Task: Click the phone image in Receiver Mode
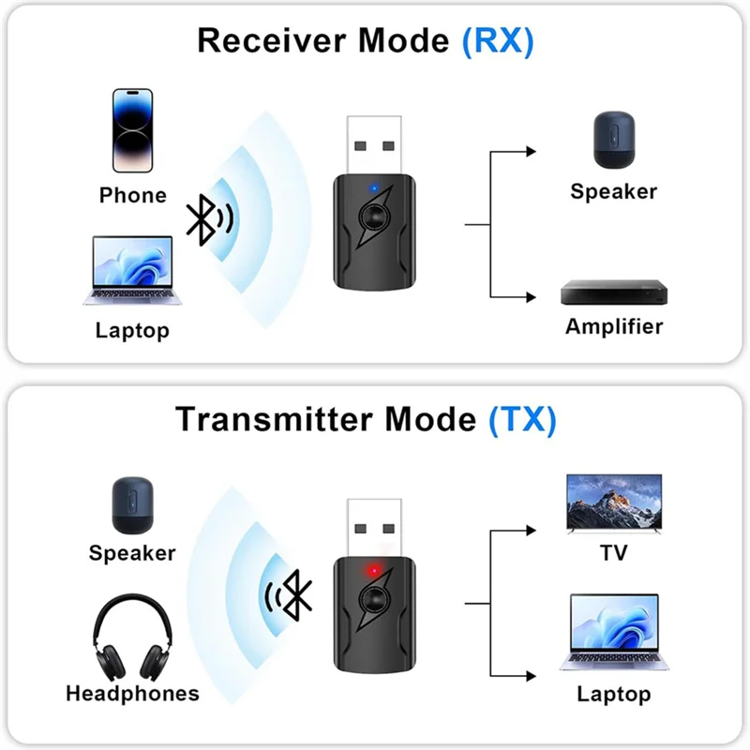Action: click(132, 130)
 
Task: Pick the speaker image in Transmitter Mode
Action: click(132, 506)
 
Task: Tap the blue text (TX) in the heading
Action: click(522, 419)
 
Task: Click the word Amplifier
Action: click(613, 327)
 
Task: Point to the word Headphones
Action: click(132, 694)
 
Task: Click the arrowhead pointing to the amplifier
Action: click(531, 297)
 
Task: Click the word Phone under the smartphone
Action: click(132, 195)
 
